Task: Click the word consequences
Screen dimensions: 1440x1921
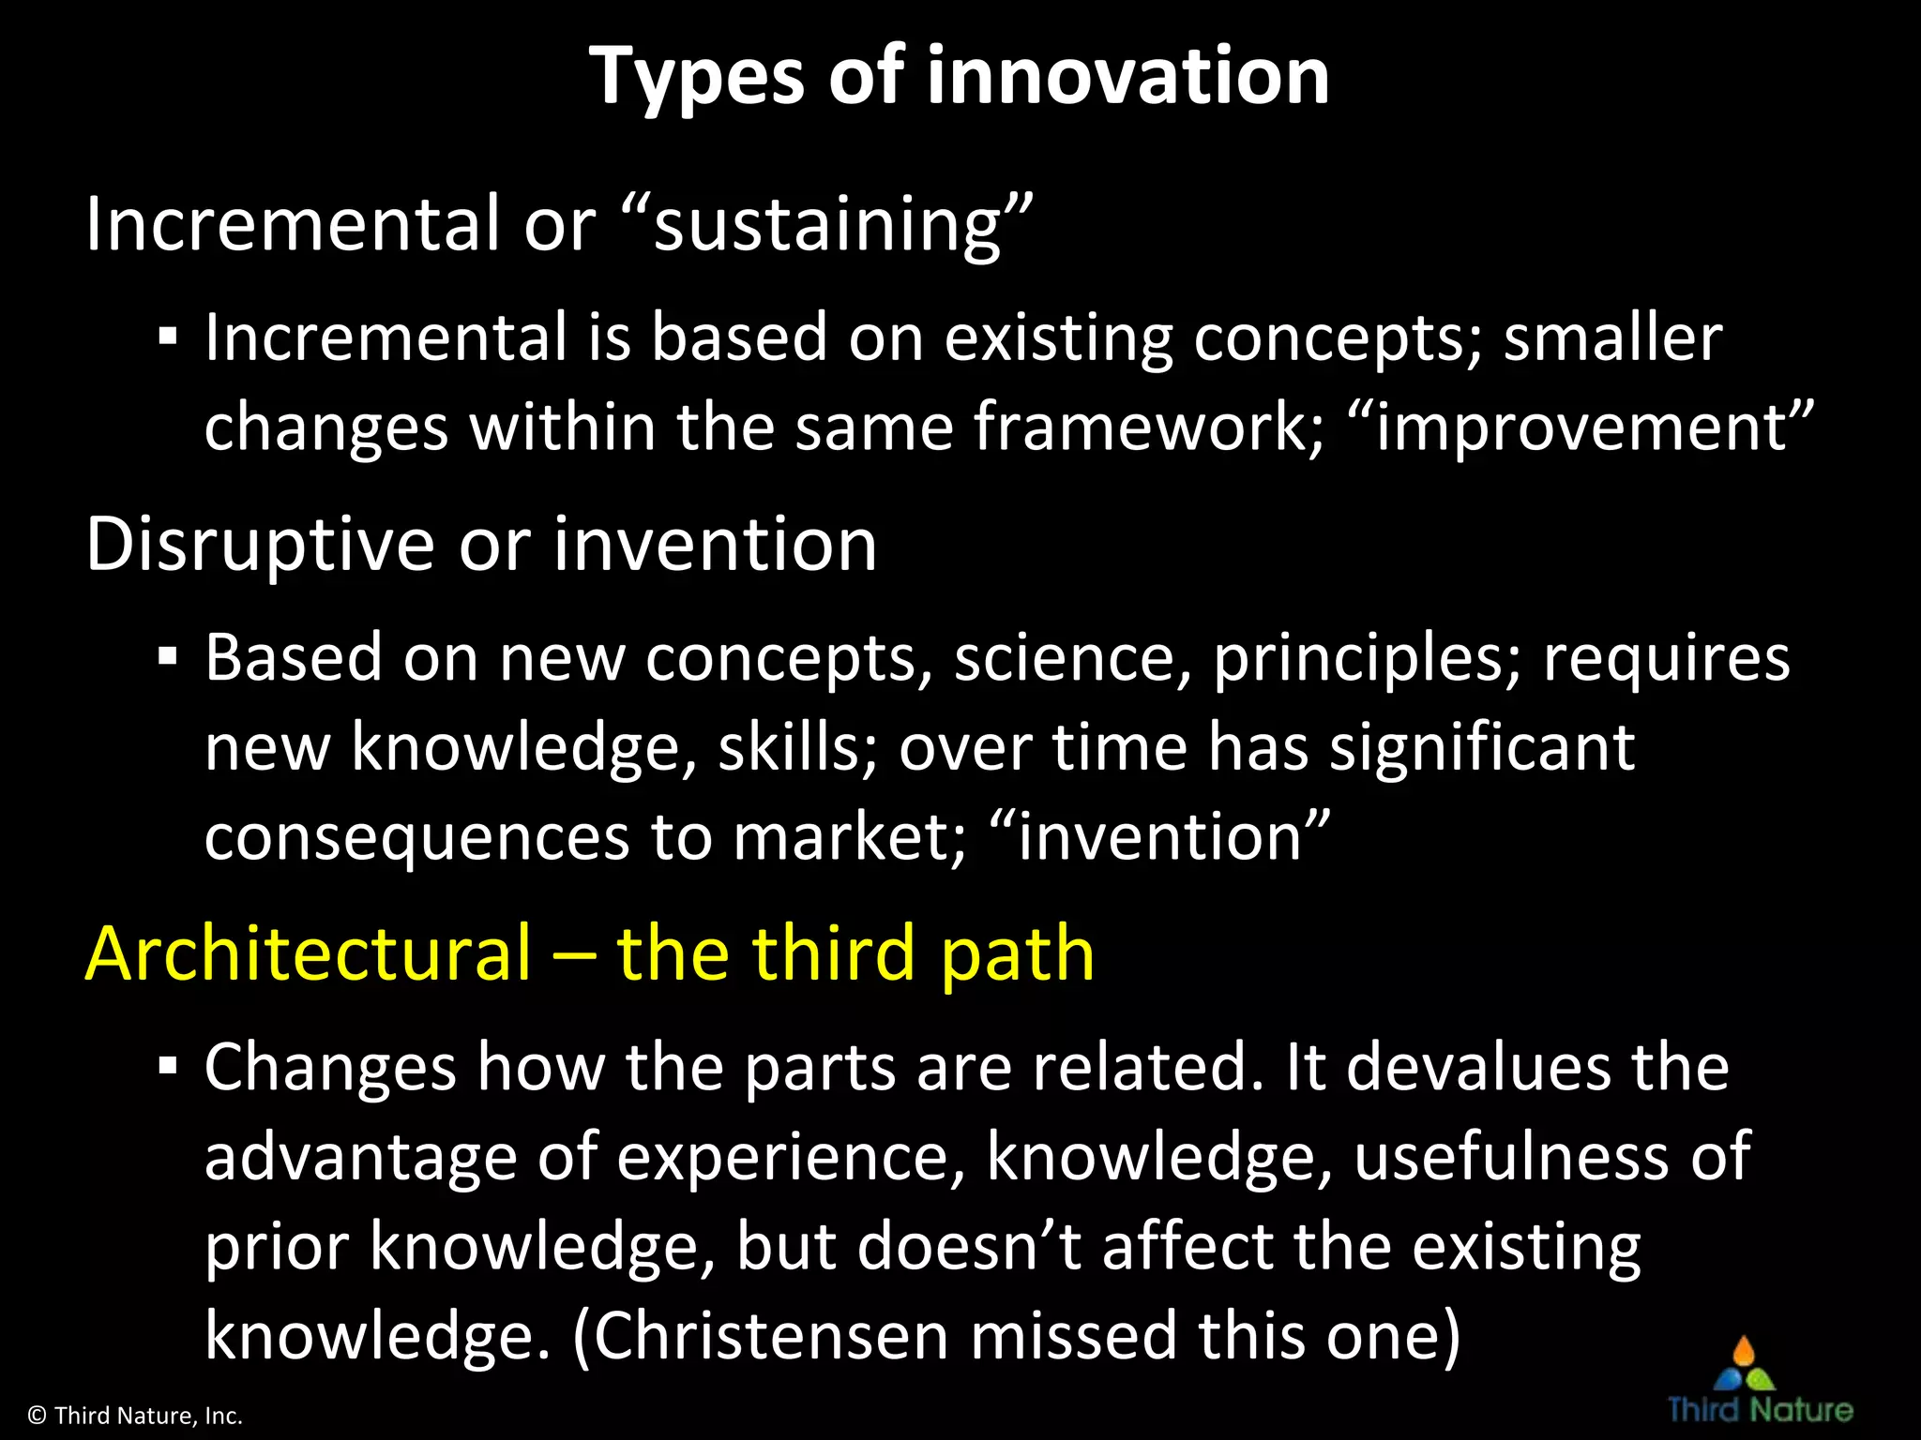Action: pyautogui.click(x=416, y=836)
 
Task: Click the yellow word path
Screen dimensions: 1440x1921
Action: pyautogui.click(x=1018, y=955)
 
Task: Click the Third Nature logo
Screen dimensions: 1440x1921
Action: pyautogui.click(x=1760, y=1382)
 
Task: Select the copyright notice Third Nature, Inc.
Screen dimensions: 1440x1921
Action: pyautogui.click(x=136, y=1416)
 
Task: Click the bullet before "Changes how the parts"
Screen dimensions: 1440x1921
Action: pyautogui.click(x=168, y=1067)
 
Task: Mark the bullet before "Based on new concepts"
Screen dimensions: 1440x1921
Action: pyautogui.click(x=168, y=657)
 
